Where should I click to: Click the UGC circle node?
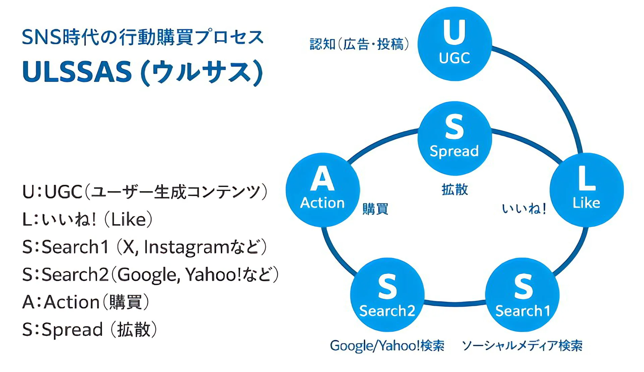point(454,44)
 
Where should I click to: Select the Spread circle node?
point(454,138)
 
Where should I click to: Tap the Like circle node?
point(587,190)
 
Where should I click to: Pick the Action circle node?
point(323,190)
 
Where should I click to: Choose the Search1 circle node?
point(522,295)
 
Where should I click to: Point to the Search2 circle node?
point(387,295)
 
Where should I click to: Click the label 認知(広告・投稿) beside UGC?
point(359,44)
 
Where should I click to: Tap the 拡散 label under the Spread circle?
point(454,190)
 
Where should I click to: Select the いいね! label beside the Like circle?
point(524,209)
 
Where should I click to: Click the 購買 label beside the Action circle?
point(375,209)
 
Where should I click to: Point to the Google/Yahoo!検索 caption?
point(387,345)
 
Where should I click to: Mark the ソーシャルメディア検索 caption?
point(522,345)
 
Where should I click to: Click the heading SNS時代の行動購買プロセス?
point(143,37)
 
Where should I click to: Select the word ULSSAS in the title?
point(77,72)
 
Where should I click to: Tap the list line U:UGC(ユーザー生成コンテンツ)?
point(145,192)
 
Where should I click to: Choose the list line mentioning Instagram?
point(145,247)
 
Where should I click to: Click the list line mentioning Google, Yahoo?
point(151,275)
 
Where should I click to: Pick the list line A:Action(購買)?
point(86,302)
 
